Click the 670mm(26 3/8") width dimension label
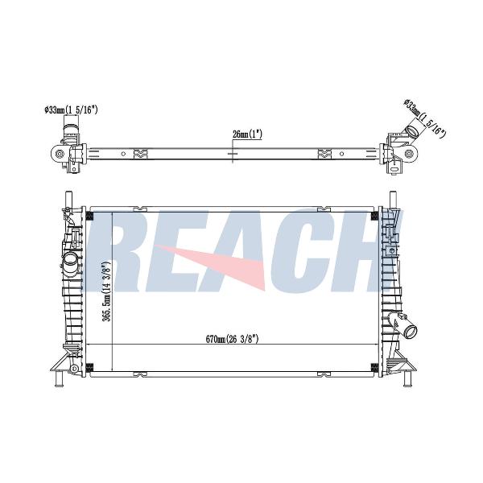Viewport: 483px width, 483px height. [232, 339]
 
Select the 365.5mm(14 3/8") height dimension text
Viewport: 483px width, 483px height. [106, 291]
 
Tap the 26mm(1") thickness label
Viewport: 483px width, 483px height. [247, 134]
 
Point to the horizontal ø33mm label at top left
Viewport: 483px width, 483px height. [71, 110]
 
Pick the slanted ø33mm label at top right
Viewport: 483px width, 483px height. [425, 118]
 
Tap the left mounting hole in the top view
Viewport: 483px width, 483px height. [60, 154]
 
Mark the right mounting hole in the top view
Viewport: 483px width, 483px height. [408, 154]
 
